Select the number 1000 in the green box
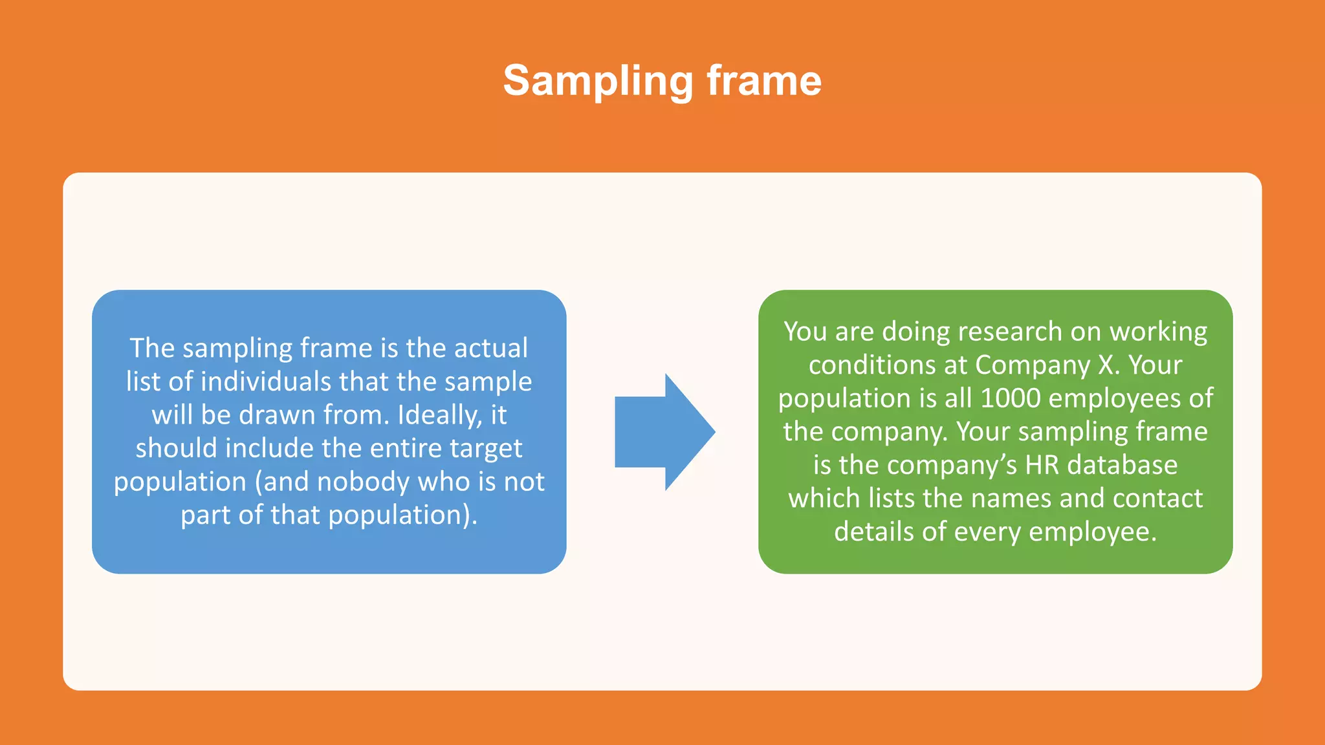pos(1011,398)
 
